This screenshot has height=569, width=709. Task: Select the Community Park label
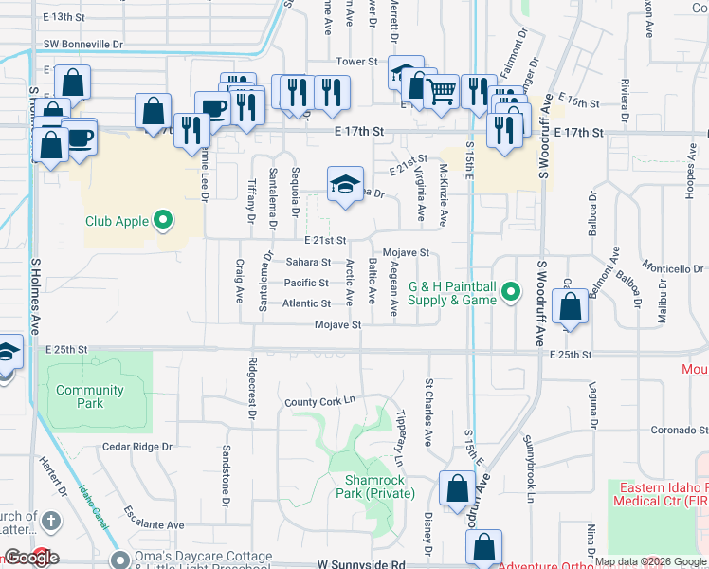(90, 396)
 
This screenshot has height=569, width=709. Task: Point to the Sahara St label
(308, 262)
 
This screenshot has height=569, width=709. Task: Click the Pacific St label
(306, 283)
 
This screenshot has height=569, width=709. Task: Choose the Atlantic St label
(306, 303)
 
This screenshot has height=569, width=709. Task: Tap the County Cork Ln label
(325, 403)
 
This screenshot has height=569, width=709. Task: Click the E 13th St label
(72, 17)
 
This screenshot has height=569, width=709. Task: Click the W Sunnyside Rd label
(361, 563)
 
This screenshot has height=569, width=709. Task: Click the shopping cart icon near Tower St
(442, 91)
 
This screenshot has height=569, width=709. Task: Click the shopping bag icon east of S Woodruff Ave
(570, 307)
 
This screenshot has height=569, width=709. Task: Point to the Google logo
(30, 559)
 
